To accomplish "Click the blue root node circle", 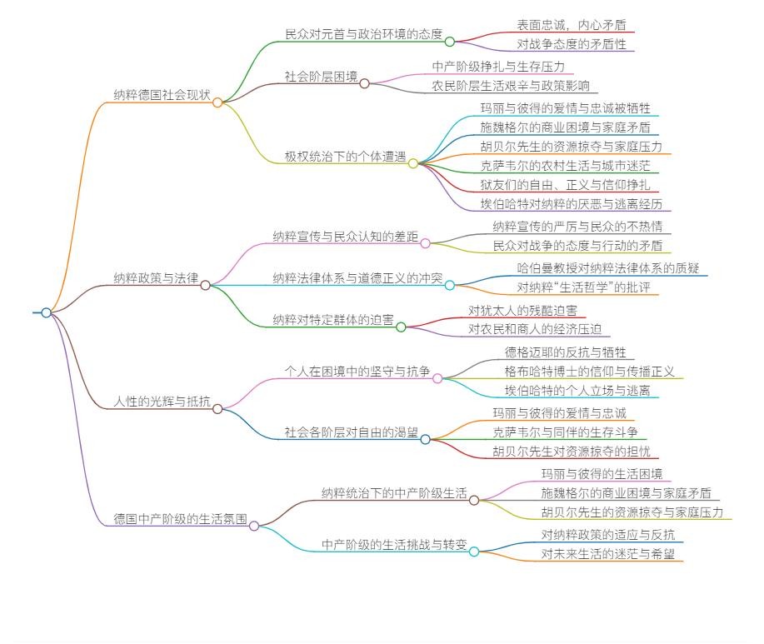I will coord(47,312).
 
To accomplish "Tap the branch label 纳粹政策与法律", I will coord(156,277).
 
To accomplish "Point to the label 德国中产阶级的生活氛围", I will coord(181,517).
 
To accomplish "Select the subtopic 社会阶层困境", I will coord(321,76).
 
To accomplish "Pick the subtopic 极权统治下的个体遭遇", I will coord(345,156).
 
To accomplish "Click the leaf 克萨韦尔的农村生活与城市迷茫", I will coord(565,166).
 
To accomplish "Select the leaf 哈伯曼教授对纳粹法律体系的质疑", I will coord(607,268).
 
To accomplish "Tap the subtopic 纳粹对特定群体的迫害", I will coord(333,319).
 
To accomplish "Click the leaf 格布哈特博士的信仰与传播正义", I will coord(590,372).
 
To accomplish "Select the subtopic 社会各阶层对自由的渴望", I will coord(352,432).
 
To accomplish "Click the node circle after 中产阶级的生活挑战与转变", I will coord(474,552).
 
